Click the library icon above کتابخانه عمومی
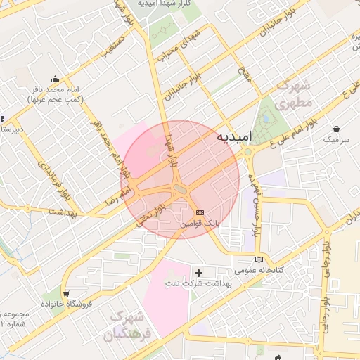pos(261,259)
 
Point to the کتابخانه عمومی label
pos(258,269)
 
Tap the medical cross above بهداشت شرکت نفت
pos(199,271)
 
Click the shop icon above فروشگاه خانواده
pos(66,293)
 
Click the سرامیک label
pos(335,140)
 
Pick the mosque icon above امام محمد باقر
pos(56,79)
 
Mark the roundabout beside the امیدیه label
pos(247,150)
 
